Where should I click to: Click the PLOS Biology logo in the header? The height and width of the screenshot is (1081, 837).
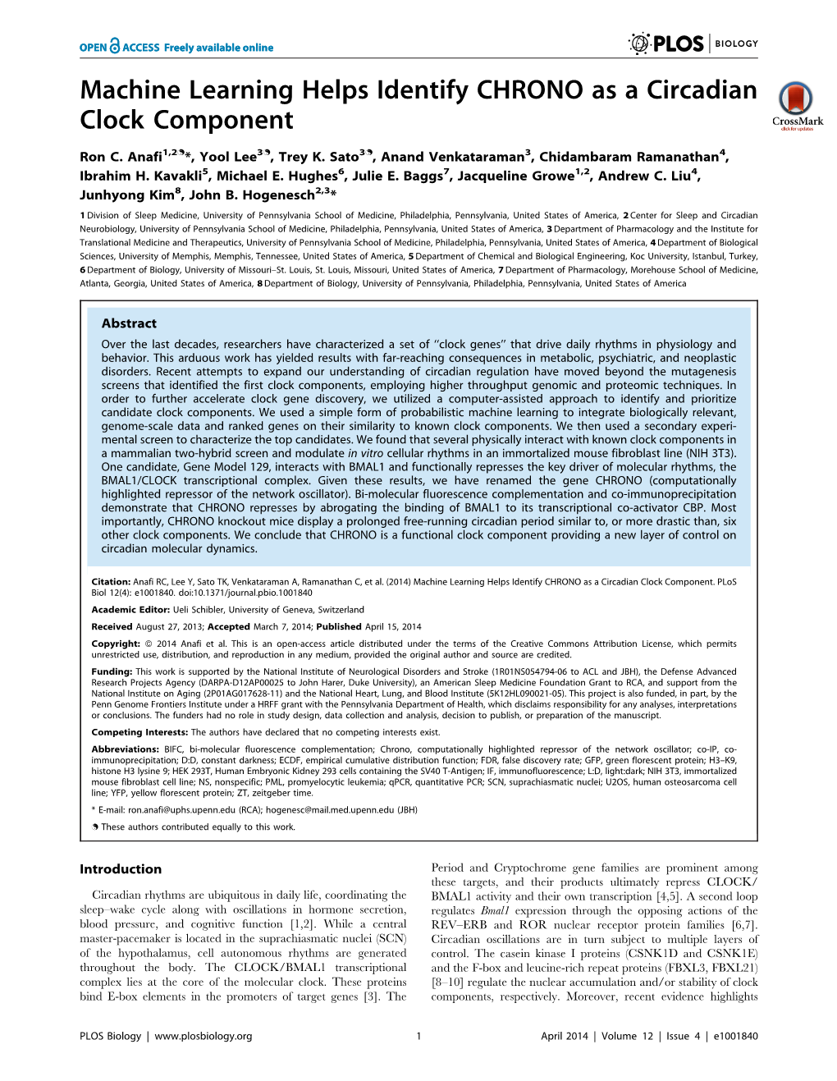(693, 44)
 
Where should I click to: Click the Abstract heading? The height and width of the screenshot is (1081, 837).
(129, 323)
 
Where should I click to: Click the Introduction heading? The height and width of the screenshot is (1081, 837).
(121, 869)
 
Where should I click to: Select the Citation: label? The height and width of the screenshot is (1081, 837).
(111, 582)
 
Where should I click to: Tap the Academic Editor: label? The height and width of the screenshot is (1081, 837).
(130, 610)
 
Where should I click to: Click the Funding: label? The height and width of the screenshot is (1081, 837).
(112, 671)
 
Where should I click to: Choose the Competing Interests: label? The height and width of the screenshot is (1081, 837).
(139, 732)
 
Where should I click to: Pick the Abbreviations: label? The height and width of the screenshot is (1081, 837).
(125, 749)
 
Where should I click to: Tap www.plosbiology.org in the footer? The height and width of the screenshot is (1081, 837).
(203, 1036)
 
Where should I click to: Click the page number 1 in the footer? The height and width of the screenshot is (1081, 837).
(418, 1036)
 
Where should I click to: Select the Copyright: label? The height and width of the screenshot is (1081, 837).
(115, 644)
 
